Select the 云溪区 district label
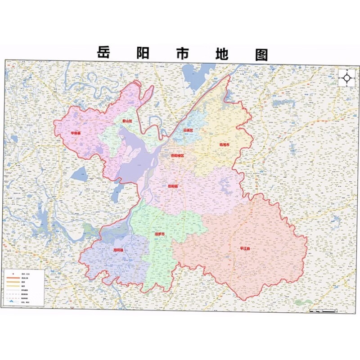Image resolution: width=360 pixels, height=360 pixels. pos(188,130)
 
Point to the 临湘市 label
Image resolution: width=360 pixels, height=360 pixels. pos(224,145)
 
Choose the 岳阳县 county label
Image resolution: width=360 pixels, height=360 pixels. pos(172,185)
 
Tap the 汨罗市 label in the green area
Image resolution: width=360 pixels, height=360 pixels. pos(159,234)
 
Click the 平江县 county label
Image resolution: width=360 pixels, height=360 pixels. pos(246,248)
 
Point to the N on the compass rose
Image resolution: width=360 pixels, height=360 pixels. pos(347,71)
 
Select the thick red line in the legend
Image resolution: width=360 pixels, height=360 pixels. pos(13,278)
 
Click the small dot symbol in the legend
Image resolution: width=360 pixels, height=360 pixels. pos(13,273)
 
